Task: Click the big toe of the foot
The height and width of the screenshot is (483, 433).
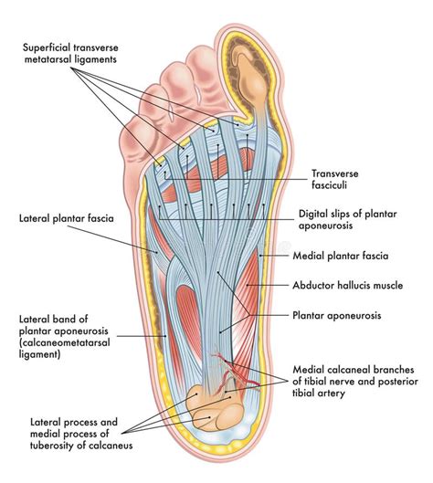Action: [x=245, y=73]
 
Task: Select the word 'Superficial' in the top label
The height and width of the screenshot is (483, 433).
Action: [x=49, y=46]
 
